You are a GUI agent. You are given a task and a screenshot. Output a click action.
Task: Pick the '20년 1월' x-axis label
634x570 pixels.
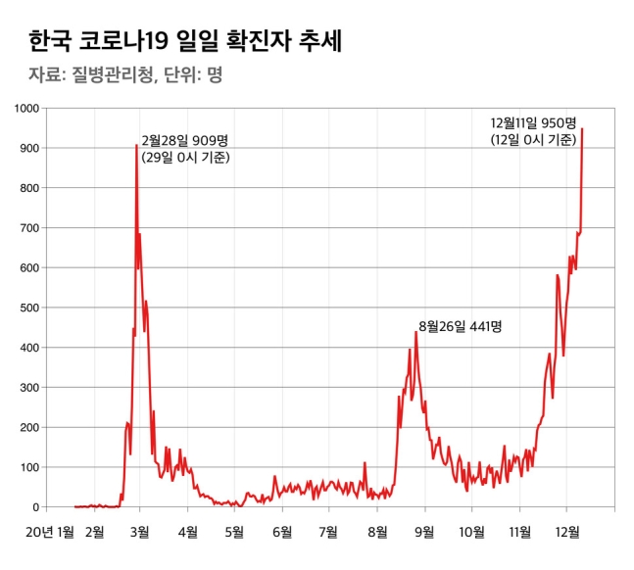(52, 532)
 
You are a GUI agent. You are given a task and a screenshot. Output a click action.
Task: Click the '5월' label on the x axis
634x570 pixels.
(234, 532)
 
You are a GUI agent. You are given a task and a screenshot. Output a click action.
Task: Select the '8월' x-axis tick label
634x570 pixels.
(377, 532)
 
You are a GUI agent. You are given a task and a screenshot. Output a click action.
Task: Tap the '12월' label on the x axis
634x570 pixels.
(567, 532)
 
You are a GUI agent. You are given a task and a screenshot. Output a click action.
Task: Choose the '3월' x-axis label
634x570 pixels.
(139, 532)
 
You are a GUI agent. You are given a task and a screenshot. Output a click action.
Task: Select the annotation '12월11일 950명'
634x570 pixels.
(535, 123)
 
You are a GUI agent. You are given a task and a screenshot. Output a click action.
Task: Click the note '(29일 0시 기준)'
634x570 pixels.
(185, 157)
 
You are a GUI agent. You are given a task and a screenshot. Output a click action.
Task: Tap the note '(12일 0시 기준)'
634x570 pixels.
(535, 140)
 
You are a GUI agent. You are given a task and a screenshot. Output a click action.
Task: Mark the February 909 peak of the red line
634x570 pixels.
(136, 145)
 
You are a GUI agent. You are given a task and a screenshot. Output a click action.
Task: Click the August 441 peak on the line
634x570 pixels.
(415, 331)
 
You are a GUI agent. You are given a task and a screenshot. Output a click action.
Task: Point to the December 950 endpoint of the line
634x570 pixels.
(582, 128)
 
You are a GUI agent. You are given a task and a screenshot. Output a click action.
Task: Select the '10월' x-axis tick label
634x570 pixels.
(471, 532)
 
